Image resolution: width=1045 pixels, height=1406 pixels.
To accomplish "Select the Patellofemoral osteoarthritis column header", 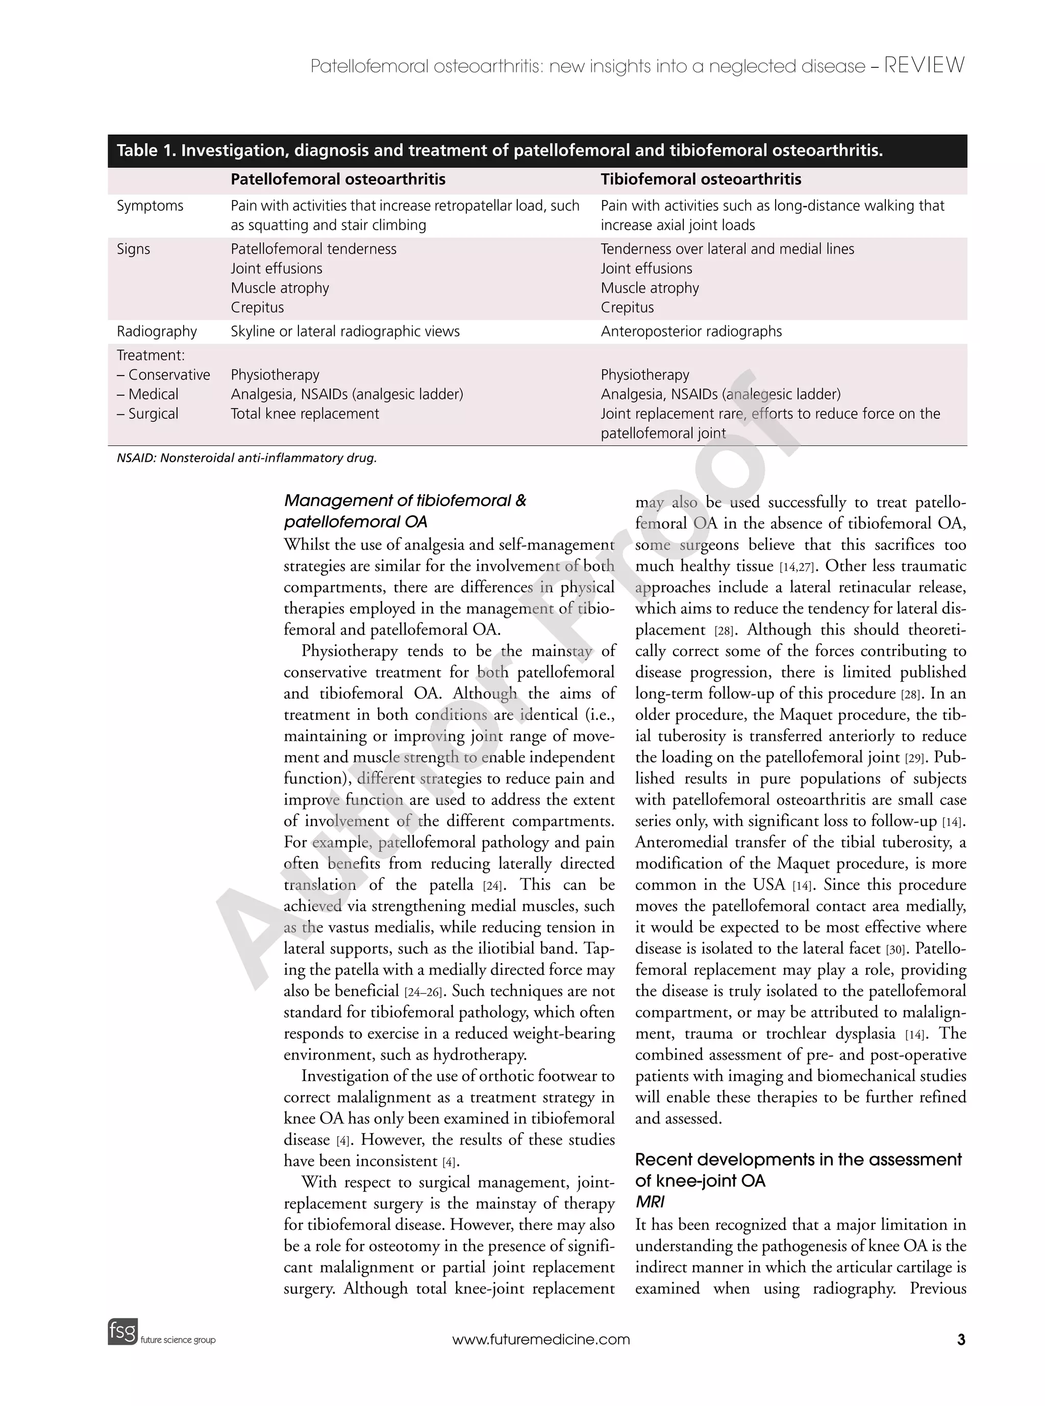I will click(338, 180).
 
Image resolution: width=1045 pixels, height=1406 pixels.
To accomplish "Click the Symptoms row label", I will click(150, 206).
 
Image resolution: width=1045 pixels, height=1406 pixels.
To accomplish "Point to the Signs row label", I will click(134, 248).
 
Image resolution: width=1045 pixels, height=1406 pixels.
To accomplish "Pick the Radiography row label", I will click(156, 332).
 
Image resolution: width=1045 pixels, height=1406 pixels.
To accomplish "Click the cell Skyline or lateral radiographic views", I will click(345, 332).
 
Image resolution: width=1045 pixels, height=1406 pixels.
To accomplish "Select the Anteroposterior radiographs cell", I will click(691, 332).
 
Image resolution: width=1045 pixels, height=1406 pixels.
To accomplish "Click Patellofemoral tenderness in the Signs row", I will click(313, 248).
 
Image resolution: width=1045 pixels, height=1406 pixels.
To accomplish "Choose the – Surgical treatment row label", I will click(147, 414).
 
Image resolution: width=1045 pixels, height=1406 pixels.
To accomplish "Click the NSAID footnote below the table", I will click(246, 458).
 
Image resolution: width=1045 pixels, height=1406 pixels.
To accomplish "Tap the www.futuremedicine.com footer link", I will click(541, 1340).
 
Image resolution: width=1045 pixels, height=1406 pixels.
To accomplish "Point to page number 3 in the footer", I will click(961, 1340).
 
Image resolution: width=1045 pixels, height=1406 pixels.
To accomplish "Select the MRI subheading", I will click(649, 1202).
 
